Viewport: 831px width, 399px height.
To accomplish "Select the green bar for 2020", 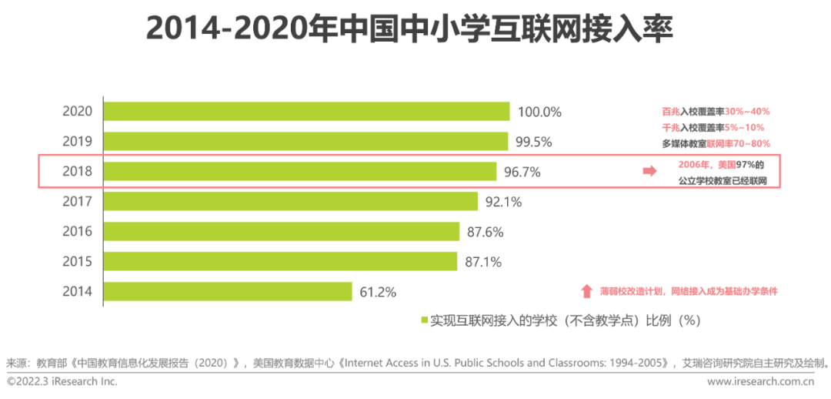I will tap(306, 111).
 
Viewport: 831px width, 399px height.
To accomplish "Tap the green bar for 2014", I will tap(228, 291).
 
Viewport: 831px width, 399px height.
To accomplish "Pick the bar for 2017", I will tap(291, 201).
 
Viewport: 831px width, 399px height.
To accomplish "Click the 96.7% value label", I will tap(522, 172).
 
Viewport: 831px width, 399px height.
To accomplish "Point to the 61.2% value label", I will tap(377, 292).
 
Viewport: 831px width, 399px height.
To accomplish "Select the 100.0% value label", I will tap(539, 112).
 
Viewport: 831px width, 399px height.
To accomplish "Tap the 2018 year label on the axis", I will tap(77, 172).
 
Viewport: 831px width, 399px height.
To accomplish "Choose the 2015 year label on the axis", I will tap(77, 262).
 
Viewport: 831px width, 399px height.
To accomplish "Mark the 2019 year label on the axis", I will tap(77, 142).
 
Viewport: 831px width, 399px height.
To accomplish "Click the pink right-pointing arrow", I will tap(649, 172).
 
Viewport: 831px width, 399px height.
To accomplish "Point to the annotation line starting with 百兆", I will tap(716, 112).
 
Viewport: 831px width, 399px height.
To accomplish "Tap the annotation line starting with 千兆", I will tap(713, 128).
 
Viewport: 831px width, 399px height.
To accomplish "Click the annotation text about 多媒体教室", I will tap(716, 144).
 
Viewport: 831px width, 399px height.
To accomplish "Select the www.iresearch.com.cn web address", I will tap(765, 381).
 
